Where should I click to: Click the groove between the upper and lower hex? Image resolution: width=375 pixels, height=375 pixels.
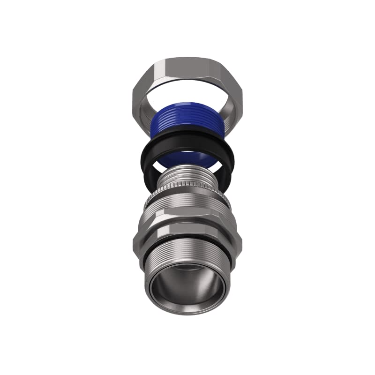point(187,224)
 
